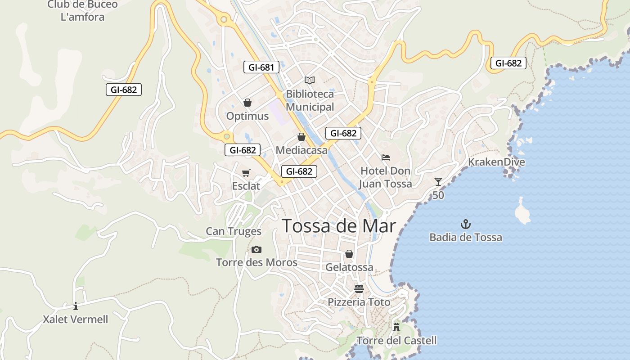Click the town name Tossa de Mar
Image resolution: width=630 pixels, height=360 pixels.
point(339,226)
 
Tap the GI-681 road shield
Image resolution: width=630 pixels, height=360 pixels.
point(261,67)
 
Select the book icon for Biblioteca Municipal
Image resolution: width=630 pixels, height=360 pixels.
point(310,80)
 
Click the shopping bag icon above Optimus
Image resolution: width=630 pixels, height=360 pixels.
point(247,103)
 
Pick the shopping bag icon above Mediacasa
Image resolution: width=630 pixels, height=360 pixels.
point(301,137)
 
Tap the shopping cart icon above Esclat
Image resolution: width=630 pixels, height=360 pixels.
point(246,173)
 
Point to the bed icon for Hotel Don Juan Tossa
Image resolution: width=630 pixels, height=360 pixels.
point(386,157)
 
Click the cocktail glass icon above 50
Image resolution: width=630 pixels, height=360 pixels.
point(438,181)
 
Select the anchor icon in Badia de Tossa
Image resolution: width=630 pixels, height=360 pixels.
point(466,224)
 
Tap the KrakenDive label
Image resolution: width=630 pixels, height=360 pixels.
point(496,162)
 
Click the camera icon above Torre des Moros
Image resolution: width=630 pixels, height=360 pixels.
point(256,249)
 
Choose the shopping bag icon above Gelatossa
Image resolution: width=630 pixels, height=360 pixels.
point(349,254)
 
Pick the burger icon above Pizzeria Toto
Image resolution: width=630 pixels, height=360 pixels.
point(359,288)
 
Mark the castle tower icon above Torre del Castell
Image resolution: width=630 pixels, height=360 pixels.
point(396,327)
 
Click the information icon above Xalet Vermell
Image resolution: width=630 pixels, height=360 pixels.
point(76,306)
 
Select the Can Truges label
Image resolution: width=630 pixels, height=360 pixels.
point(234,231)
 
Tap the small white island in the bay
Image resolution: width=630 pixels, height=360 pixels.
point(522,211)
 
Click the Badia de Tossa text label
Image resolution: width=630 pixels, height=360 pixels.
point(466,237)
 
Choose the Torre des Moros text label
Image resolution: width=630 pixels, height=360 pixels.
point(256,262)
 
